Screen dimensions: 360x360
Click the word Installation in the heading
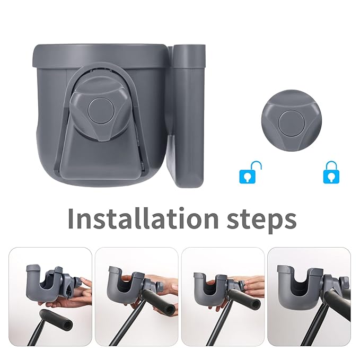tap(136, 218)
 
